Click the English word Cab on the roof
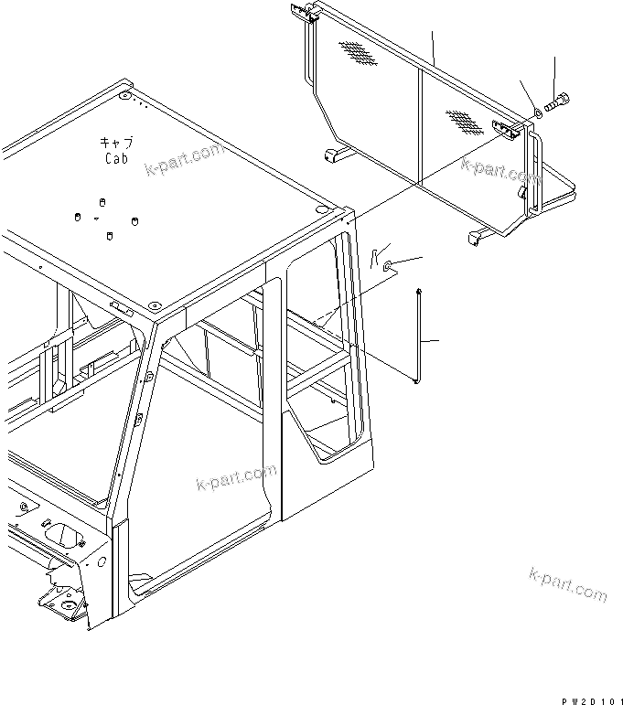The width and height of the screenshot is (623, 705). coord(117,157)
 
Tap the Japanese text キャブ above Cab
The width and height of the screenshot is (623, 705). coord(117,142)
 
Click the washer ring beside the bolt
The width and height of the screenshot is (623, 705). coord(537,112)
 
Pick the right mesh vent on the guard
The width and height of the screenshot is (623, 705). coord(465,123)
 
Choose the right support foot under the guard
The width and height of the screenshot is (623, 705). coord(477,237)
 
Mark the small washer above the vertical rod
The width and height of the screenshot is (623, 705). coord(391,265)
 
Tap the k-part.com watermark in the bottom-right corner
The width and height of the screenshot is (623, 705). coord(567,584)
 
